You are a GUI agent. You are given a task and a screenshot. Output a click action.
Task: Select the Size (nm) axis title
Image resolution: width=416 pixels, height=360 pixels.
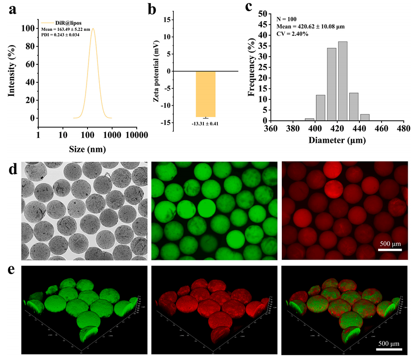pyautogui.click(x=88, y=149)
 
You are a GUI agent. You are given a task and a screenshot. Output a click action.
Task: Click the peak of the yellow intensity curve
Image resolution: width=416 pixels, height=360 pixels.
pyautogui.click(x=93, y=29)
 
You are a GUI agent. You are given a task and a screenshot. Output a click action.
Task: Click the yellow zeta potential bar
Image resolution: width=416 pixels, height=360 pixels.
pyautogui.click(x=205, y=94)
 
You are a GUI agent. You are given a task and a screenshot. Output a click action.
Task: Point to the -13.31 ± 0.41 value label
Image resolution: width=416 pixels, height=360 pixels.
pyautogui.click(x=206, y=123)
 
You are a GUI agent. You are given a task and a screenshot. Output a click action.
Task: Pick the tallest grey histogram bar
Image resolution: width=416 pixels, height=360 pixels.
pyautogui.click(x=342, y=81)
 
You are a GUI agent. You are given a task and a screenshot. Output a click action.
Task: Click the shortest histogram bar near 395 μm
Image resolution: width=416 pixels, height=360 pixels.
pyautogui.click(x=309, y=119)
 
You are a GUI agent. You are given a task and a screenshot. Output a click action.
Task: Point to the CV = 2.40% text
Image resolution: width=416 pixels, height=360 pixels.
pyautogui.click(x=293, y=34)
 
